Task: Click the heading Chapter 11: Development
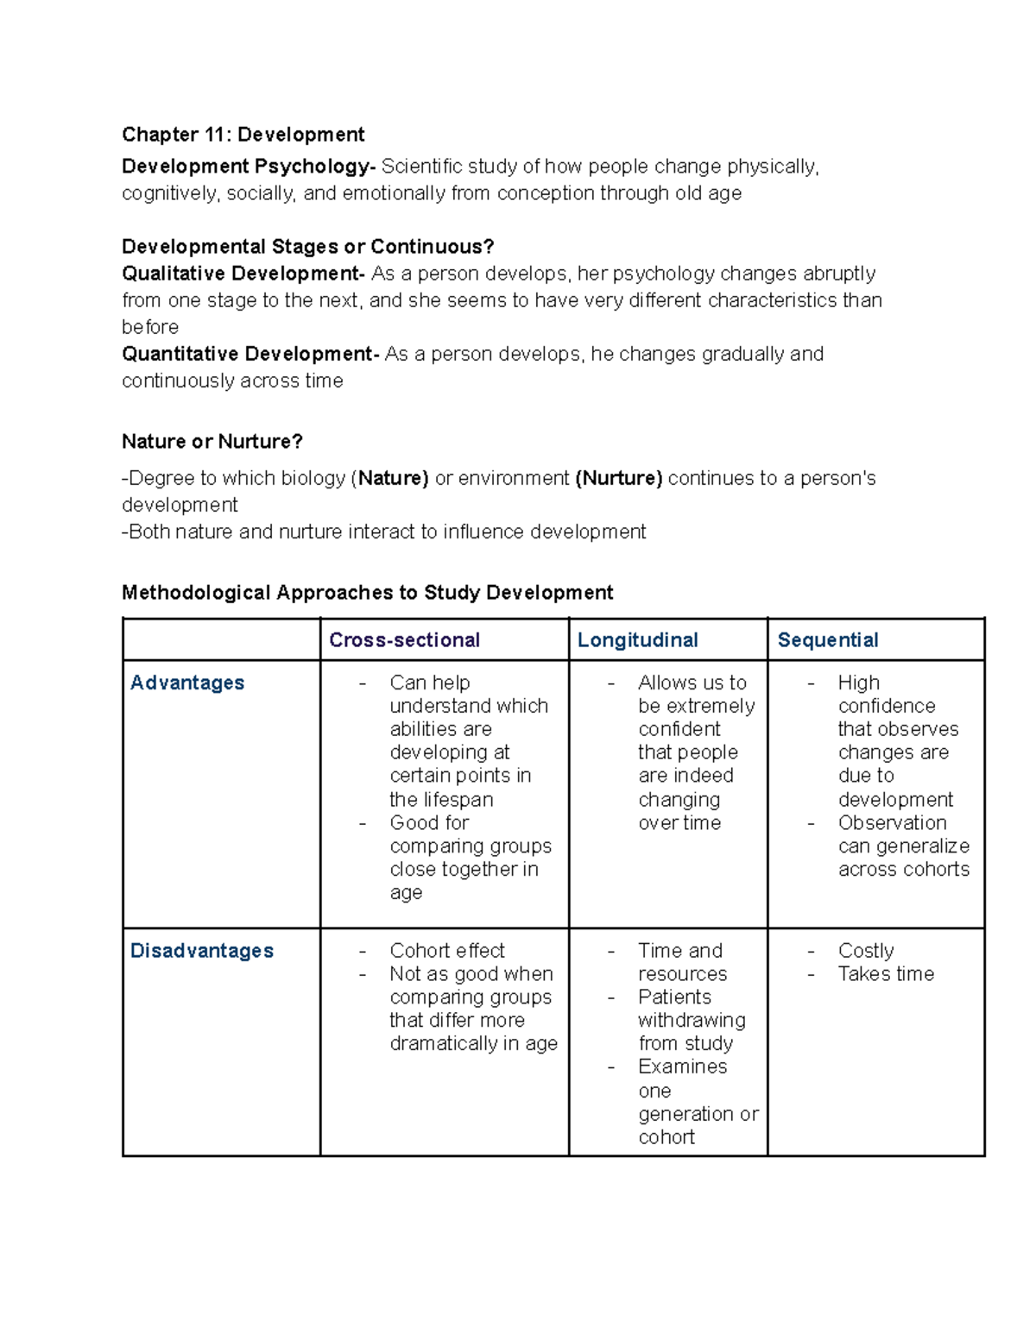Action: coord(243,135)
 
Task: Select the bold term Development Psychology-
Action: coord(249,167)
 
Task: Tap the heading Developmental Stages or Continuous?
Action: coord(307,247)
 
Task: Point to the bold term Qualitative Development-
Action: coord(243,274)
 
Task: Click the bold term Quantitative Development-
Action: coord(250,354)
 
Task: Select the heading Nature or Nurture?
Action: coord(212,442)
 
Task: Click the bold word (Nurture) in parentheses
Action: coord(618,478)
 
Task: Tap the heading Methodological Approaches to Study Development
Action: coord(367,593)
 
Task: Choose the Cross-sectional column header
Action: coord(404,640)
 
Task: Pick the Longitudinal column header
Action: coord(637,640)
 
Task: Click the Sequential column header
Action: coord(827,640)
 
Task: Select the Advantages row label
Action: coord(187,683)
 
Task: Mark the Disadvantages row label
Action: coord(201,951)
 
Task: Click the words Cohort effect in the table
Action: coord(446,951)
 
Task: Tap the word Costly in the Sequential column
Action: coord(865,951)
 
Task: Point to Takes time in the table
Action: coord(886,974)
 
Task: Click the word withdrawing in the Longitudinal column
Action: coord(692,1021)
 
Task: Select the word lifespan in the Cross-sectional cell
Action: coord(453,800)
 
